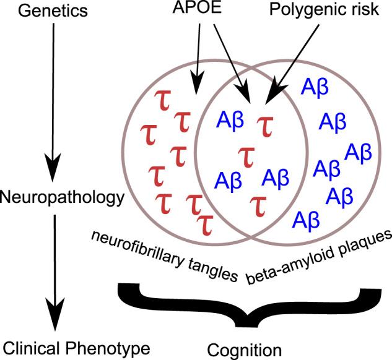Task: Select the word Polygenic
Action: (x=312, y=12)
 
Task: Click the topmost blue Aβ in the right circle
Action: (x=315, y=87)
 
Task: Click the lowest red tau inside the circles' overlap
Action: (x=258, y=205)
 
